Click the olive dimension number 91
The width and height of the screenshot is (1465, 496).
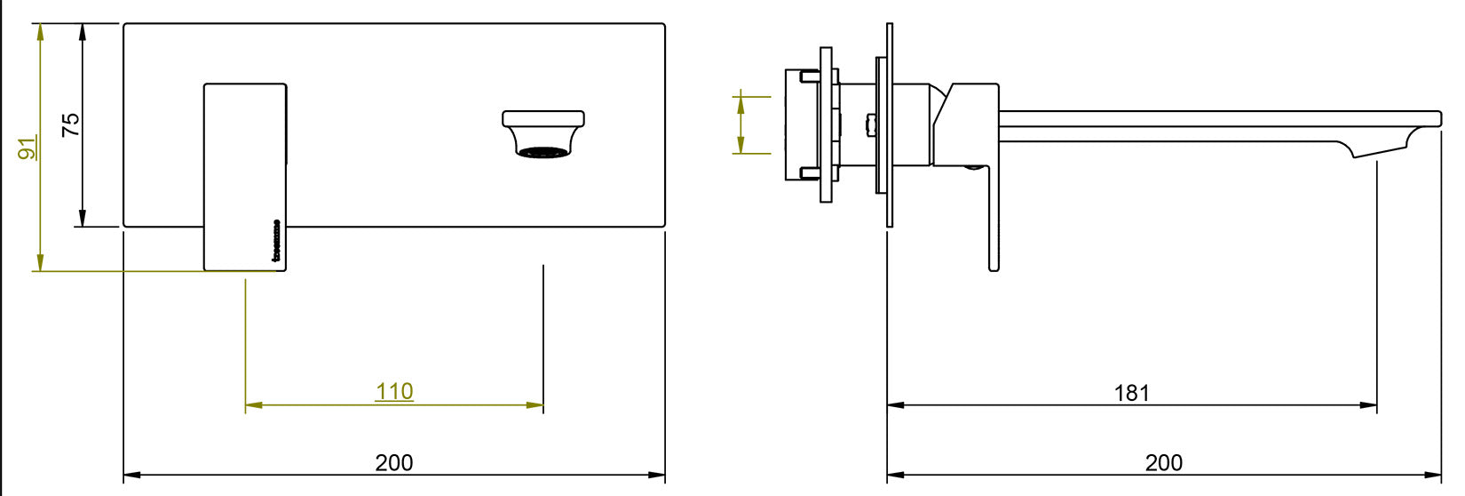point(29,148)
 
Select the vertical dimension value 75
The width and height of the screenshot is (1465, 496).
point(71,124)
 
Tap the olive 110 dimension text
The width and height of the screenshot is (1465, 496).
point(394,391)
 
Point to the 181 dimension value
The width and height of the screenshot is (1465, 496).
point(1132,392)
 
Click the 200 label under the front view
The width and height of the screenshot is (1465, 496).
point(394,462)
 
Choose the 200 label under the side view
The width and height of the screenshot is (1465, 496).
point(1164,462)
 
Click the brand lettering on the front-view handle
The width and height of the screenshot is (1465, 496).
point(276,243)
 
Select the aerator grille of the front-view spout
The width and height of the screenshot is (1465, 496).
point(542,153)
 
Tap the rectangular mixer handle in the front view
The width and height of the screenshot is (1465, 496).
point(245,177)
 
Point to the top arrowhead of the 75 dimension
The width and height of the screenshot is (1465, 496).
point(83,32)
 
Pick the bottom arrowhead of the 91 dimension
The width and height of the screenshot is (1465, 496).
point(39,263)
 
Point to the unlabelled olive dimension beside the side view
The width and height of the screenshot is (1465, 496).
point(740,124)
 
